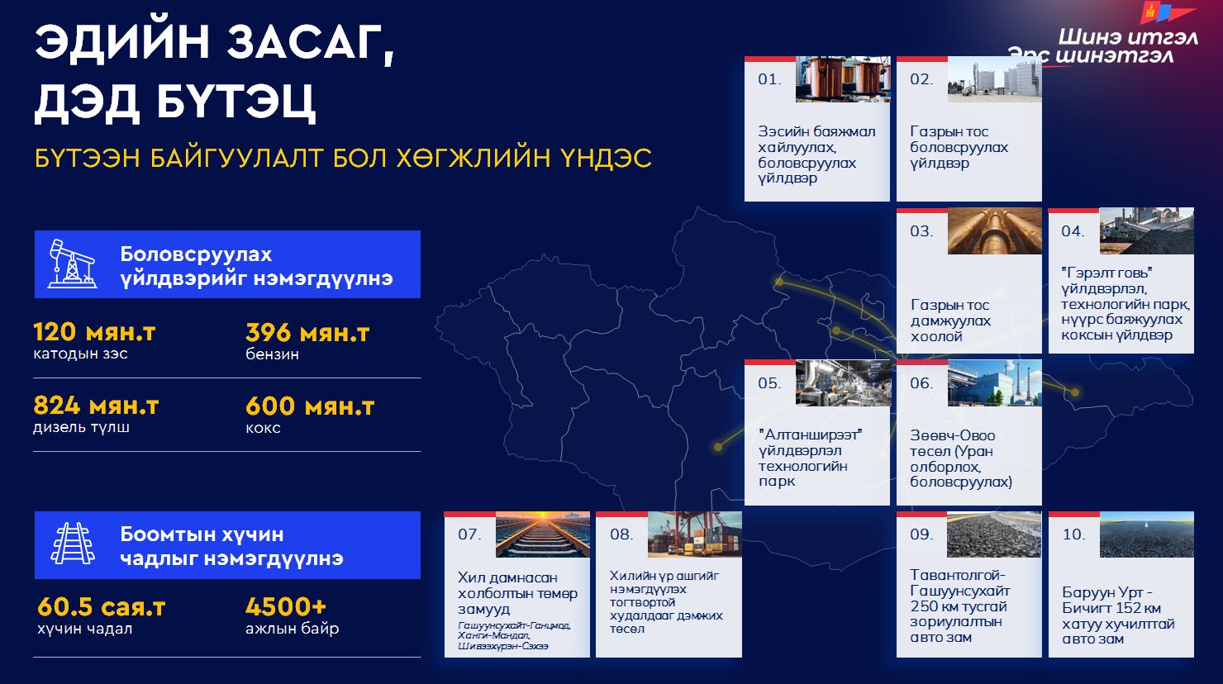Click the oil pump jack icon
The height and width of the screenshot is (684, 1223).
click(x=73, y=264)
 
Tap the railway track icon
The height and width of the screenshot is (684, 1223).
click(x=73, y=544)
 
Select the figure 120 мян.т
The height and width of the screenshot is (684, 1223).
click(x=94, y=332)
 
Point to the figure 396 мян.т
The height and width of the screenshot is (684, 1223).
click(x=307, y=332)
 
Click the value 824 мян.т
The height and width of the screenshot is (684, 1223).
click(x=96, y=406)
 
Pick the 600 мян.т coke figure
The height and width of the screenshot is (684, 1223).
click(x=310, y=406)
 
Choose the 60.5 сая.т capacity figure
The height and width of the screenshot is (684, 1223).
click(x=101, y=606)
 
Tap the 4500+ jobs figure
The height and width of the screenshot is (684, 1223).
click(x=286, y=606)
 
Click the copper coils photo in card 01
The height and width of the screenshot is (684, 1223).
click(x=843, y=79)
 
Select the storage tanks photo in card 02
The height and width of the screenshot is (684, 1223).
click(x=995, y=79)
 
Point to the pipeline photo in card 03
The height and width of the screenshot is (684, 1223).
click(x=995, y=231)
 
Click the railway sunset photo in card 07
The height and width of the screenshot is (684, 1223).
click(x=543, y=534)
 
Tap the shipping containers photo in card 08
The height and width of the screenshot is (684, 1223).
click(x=694, y=534)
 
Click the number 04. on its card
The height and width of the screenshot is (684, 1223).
click(x=1073, y=231)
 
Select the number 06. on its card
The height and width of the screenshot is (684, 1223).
click(x=921, y=383)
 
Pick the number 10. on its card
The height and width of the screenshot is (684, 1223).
click(x=1073, y=534)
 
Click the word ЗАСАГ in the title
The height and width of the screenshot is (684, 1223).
click(x=311, y=43)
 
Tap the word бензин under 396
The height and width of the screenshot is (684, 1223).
click(x=272, y=354)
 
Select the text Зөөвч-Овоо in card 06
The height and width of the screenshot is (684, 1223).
click(x=952, y=435)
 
